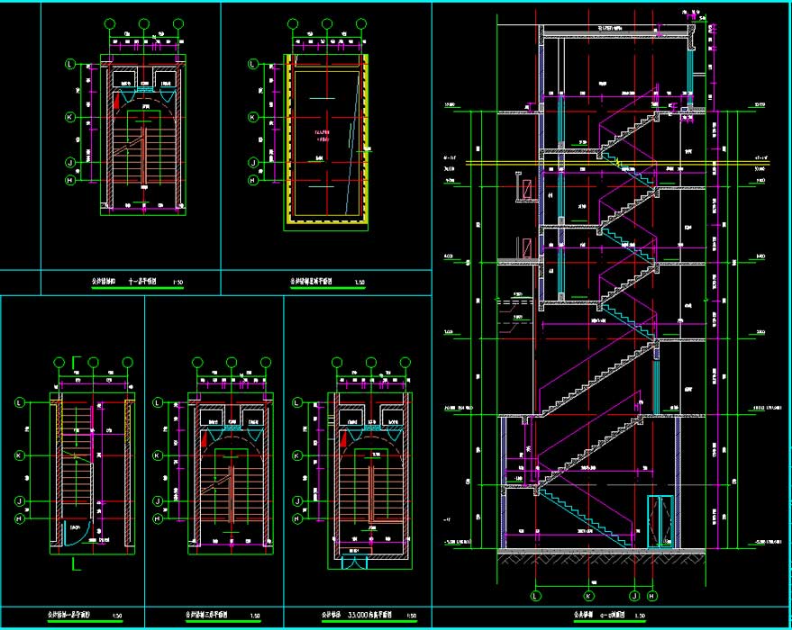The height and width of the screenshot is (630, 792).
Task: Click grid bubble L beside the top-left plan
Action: (70, 64)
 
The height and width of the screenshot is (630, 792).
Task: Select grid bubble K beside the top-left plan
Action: (70, 117)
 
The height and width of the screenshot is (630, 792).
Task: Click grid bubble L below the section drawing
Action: (536, 595)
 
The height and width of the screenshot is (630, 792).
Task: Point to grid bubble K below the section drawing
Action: (589, 595)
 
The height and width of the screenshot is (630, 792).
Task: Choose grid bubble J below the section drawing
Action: (634, 595)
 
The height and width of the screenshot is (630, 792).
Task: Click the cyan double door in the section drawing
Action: (660, 520)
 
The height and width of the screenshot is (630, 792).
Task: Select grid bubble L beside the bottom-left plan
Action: (20, 403)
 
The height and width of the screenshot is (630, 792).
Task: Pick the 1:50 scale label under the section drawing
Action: (638, 616)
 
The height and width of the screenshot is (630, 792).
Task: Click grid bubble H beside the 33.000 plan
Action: (298, 519)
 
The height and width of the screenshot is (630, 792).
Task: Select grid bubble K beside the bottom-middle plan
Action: (159, 456)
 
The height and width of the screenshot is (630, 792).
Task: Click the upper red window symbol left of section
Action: (522, 190)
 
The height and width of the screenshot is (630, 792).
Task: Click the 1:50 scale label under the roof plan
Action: (360, 282)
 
